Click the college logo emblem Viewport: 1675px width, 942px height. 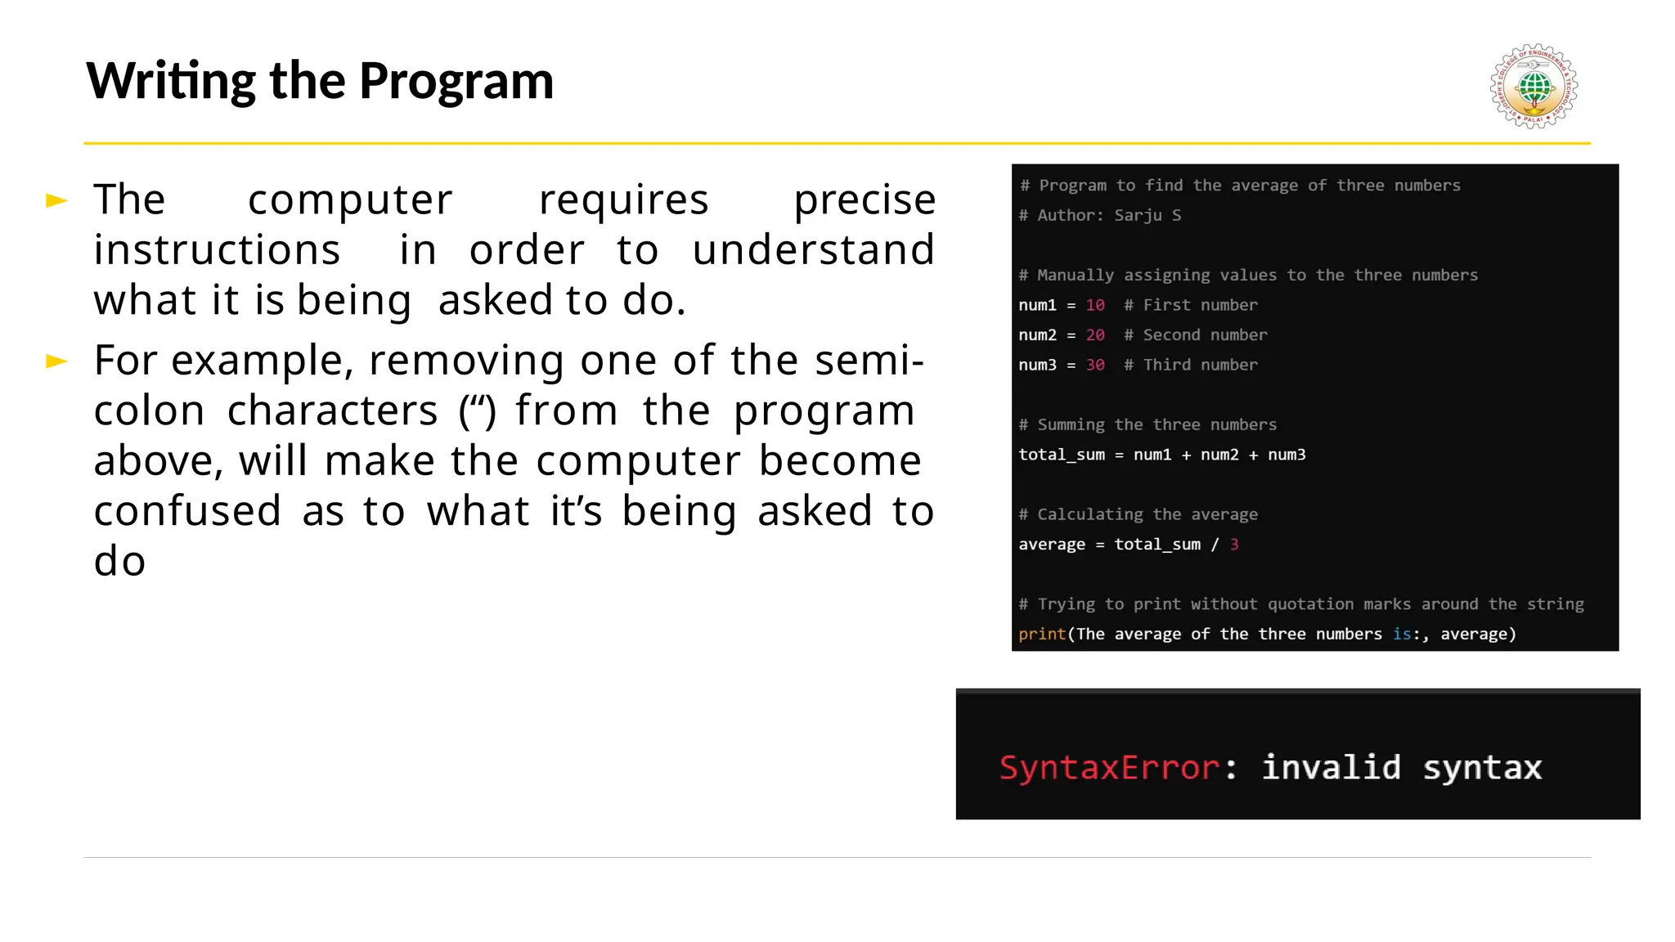click(1534, 87)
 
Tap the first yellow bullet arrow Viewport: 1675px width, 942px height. click(56, 200)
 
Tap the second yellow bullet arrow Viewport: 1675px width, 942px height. click(56, 361)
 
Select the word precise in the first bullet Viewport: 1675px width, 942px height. click(864, 200)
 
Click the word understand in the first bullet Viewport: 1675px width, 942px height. click(813, 250)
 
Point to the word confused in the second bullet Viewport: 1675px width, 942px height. click(187, 511)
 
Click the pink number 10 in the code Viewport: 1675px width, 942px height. click(1095, 305)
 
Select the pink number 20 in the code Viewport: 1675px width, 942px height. click(1095, 335)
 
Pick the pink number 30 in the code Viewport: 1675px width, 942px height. click(1095, 365)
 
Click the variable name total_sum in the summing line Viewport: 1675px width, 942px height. click(1062, 455)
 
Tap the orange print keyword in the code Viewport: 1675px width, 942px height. click(1042, 635)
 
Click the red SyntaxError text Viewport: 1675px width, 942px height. click(1109, 768)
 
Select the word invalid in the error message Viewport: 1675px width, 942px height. click(1331, 768)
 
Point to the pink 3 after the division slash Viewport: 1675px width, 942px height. click(1234, 545)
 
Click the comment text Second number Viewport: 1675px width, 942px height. click(1205, 335)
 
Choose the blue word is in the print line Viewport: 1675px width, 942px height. click(1402, 635)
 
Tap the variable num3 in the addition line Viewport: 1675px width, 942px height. click(1287, 455)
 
